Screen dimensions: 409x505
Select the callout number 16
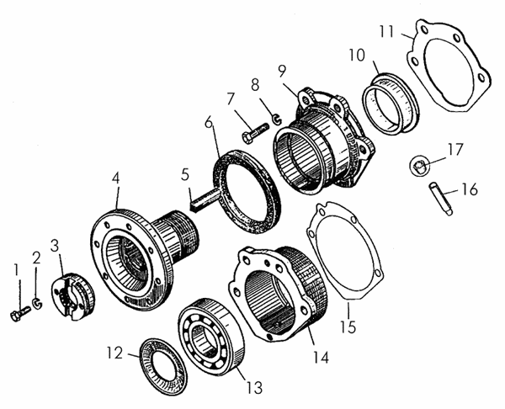pos(470,190)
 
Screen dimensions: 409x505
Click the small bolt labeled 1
pos(18,315)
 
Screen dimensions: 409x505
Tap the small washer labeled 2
pos(38,302)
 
